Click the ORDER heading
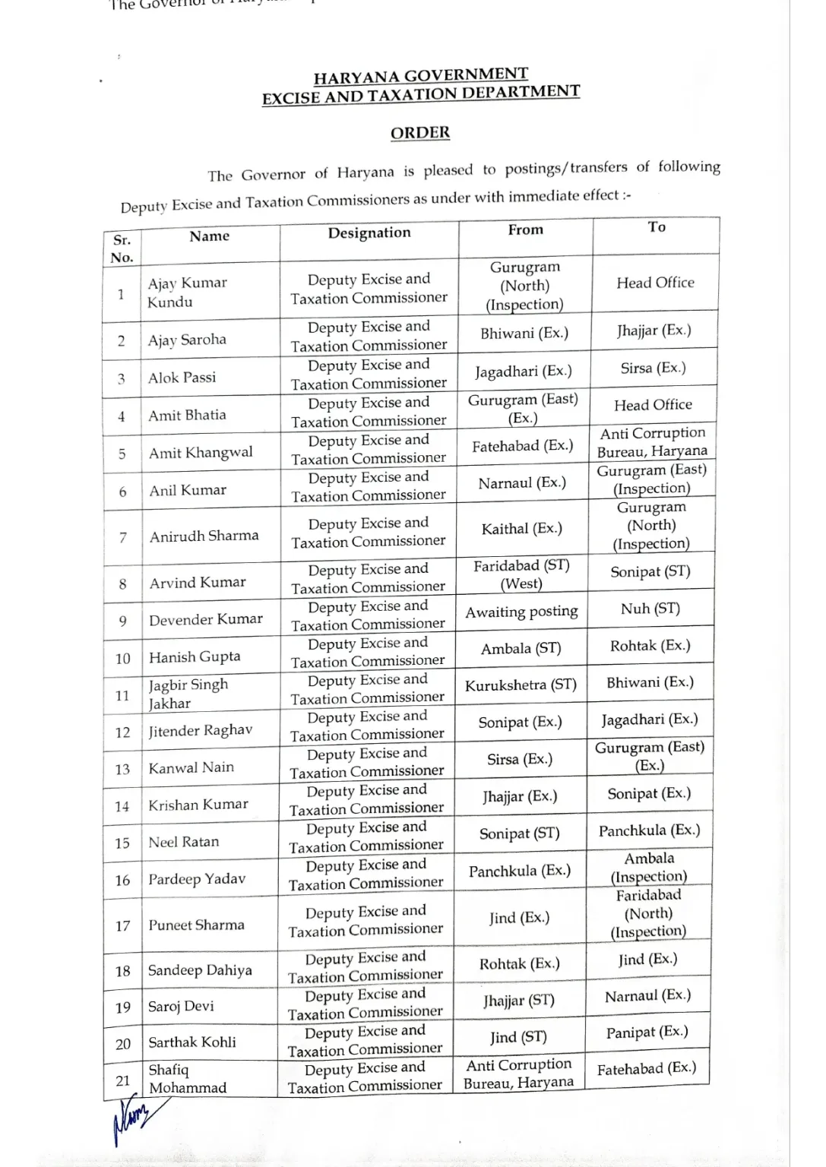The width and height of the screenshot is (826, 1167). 420,133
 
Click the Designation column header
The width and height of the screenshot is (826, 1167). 369,233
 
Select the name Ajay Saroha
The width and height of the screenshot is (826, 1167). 187,340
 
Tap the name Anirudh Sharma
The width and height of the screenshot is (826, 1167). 204,536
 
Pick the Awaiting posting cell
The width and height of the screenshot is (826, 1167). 521,612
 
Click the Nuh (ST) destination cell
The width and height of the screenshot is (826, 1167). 650,609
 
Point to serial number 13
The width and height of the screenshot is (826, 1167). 122,769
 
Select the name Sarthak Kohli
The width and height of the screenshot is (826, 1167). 191,1042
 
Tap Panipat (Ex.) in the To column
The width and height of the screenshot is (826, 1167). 647,1032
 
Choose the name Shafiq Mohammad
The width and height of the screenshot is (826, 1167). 187,1079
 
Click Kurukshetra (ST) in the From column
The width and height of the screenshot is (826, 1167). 521,685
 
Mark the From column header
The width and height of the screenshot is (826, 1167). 525,229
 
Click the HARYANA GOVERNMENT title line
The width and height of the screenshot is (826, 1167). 420,75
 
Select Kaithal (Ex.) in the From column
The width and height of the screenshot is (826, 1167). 521,529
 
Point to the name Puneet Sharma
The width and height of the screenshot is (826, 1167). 196,925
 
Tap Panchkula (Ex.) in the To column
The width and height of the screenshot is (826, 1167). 649,830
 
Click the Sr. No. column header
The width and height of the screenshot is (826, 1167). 122,248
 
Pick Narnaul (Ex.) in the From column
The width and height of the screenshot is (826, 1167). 521,483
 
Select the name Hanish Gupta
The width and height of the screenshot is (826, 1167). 195,657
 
